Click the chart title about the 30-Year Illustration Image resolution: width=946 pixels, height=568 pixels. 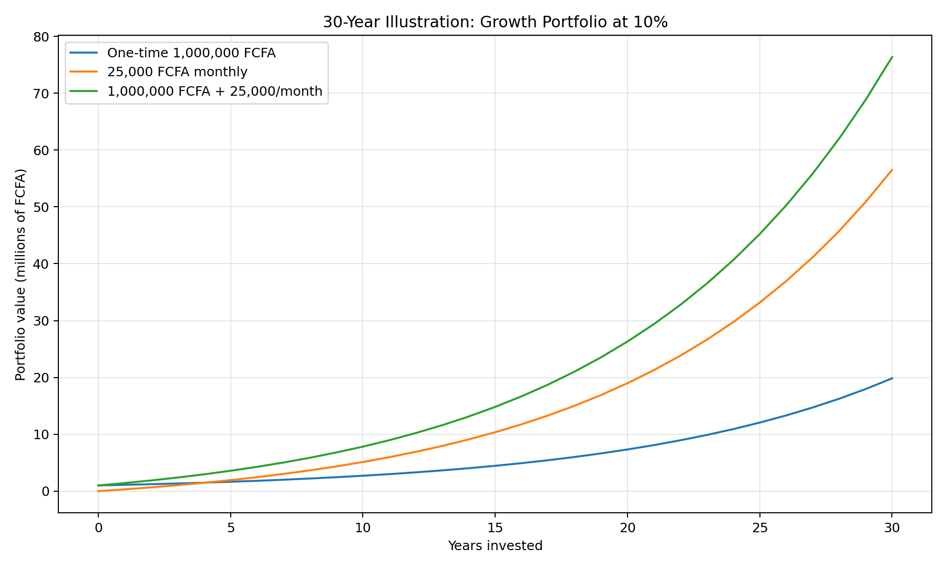pos(495,22)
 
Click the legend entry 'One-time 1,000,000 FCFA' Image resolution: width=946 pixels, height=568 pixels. pos(191,53)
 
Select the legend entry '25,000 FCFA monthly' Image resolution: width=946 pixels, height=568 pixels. pos(177,72)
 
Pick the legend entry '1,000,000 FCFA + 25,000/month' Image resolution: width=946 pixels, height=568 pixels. pos(214,91)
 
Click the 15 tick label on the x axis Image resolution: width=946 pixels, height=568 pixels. pos(495,528)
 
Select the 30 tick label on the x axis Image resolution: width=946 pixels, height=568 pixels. pos(892,528)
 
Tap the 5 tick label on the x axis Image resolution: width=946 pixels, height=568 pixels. pos(231,528)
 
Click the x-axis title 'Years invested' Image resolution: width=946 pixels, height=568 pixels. pos(495,546)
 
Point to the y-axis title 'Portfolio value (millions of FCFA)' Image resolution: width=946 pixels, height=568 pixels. pos(20,275)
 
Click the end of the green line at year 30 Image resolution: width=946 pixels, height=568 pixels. pos(892,57)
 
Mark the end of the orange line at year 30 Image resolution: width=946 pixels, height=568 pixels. pos(892,170)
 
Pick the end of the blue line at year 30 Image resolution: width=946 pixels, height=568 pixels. pos(892,378)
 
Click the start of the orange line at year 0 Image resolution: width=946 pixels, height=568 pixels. pos(98,491)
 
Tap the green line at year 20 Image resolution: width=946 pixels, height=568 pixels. pos(628,341)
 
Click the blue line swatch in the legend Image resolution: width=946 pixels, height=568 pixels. pos(84,53)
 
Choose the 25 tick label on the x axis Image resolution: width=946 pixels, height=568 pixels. pos(759,528)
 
